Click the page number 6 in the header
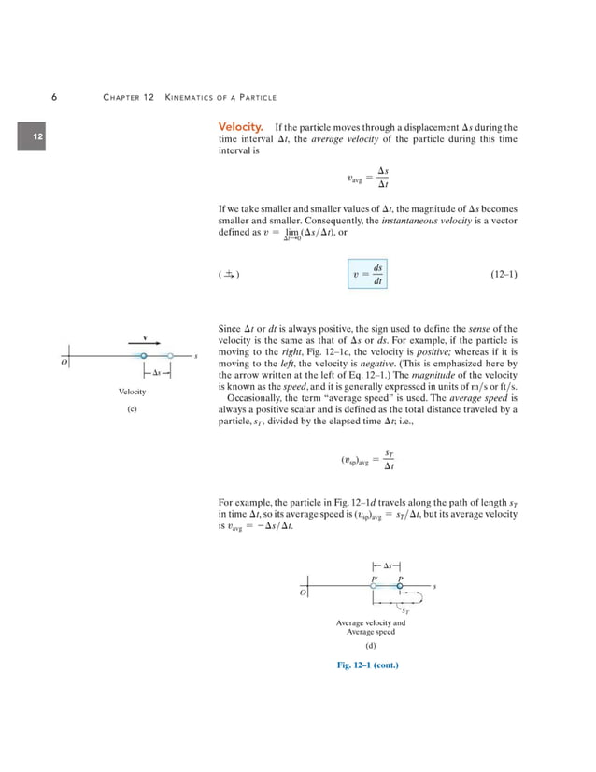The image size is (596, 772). pyautogui.click(x=56, y=97)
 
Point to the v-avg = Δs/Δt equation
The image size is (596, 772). pyautogui.click(x=366, y=178)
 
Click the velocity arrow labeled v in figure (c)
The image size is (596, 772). pyautogui.click(x=146, y=341)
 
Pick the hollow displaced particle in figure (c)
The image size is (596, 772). pyautogui.click(x=171, y=356)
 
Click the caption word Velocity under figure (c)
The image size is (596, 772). pyautogui.click(x=132, y=391)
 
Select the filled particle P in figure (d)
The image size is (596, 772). pyautogui.click(x=400, y=586)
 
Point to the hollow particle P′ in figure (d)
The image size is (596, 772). pyautogui.click(x=374, y=586)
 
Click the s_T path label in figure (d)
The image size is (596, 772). pyautogui.click(x=404, y=612)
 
